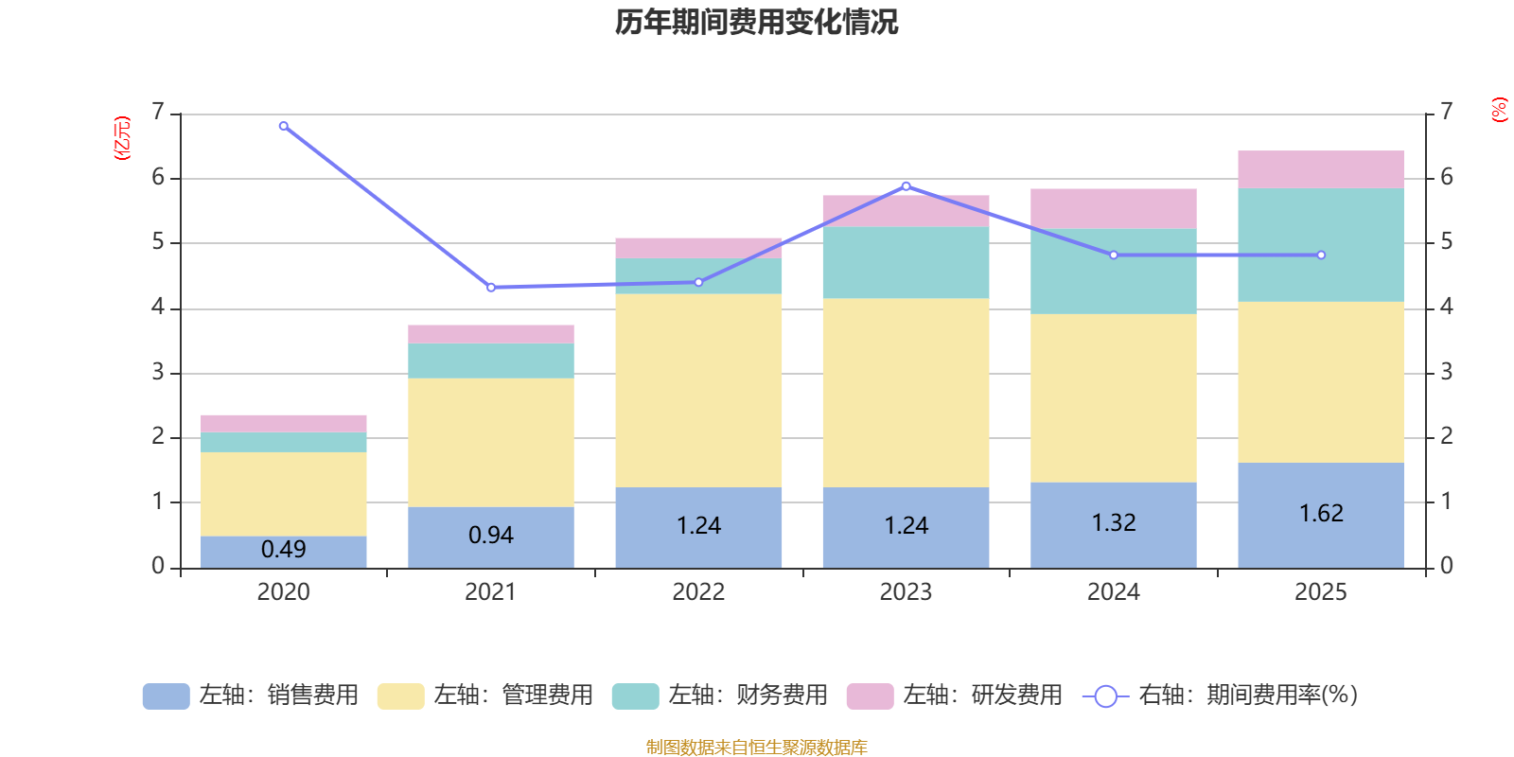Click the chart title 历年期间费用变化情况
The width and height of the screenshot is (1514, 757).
tap(756, 22)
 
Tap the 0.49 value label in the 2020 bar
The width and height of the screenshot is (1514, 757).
tap(283, 549)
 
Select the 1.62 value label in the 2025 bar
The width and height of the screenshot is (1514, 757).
tap(1321, 513)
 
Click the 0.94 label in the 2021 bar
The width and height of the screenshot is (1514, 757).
tap(491, 535)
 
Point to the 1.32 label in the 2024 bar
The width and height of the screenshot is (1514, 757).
tap(1114, 522)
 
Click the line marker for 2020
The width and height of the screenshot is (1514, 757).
tap(284, 126)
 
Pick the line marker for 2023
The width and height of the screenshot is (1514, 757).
tap(907, 185)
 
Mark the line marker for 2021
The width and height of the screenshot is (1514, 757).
tap(491, 288)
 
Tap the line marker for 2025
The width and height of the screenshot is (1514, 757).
tap(1321, 255)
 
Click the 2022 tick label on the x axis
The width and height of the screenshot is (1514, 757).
tap(698, 592)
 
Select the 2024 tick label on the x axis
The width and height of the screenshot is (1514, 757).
tap(1114, 592)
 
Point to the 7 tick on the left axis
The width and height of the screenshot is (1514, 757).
tap(158, 113)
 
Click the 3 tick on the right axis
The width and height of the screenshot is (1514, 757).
tap(1446, 372)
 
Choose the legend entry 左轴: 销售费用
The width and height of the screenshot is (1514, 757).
tap(251, 695)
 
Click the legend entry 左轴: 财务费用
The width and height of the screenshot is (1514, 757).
tap(720, 695)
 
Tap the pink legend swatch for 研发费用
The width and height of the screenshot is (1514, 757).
tap(870, 695)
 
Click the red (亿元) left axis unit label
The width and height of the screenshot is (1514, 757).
tap(121, 138)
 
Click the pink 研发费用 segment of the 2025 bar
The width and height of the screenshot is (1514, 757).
tap(1321, 169)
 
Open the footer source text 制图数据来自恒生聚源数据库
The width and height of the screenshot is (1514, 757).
tap(756, 748)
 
